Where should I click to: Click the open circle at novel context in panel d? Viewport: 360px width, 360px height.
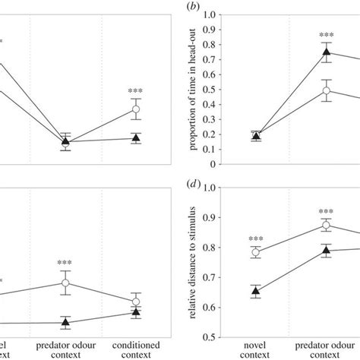click(x=257, y=252)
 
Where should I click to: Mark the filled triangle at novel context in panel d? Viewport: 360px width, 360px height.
click(x=257, y=290)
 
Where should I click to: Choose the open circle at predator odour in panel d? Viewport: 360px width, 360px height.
click(x=327, y=226)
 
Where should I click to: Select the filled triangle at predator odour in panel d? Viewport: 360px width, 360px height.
click(x=327, y=250)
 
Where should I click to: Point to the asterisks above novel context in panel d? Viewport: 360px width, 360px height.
click(x=257, y=238)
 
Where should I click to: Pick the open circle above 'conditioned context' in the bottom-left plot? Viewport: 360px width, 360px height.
click(x=136, y=301)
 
